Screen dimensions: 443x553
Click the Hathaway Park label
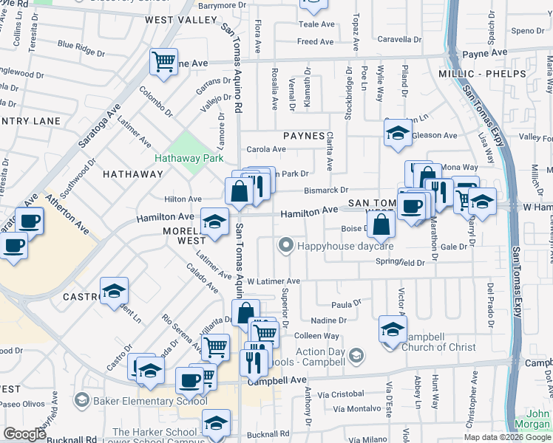point(189,158)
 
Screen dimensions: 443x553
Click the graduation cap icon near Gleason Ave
point(397,134)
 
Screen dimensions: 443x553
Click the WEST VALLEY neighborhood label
point(181,20)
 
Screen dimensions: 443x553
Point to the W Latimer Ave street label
point(273,281)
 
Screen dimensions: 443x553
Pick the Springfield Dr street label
point(400,262)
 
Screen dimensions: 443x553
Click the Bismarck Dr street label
point(326,190)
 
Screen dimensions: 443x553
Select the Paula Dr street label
point(346,303)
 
